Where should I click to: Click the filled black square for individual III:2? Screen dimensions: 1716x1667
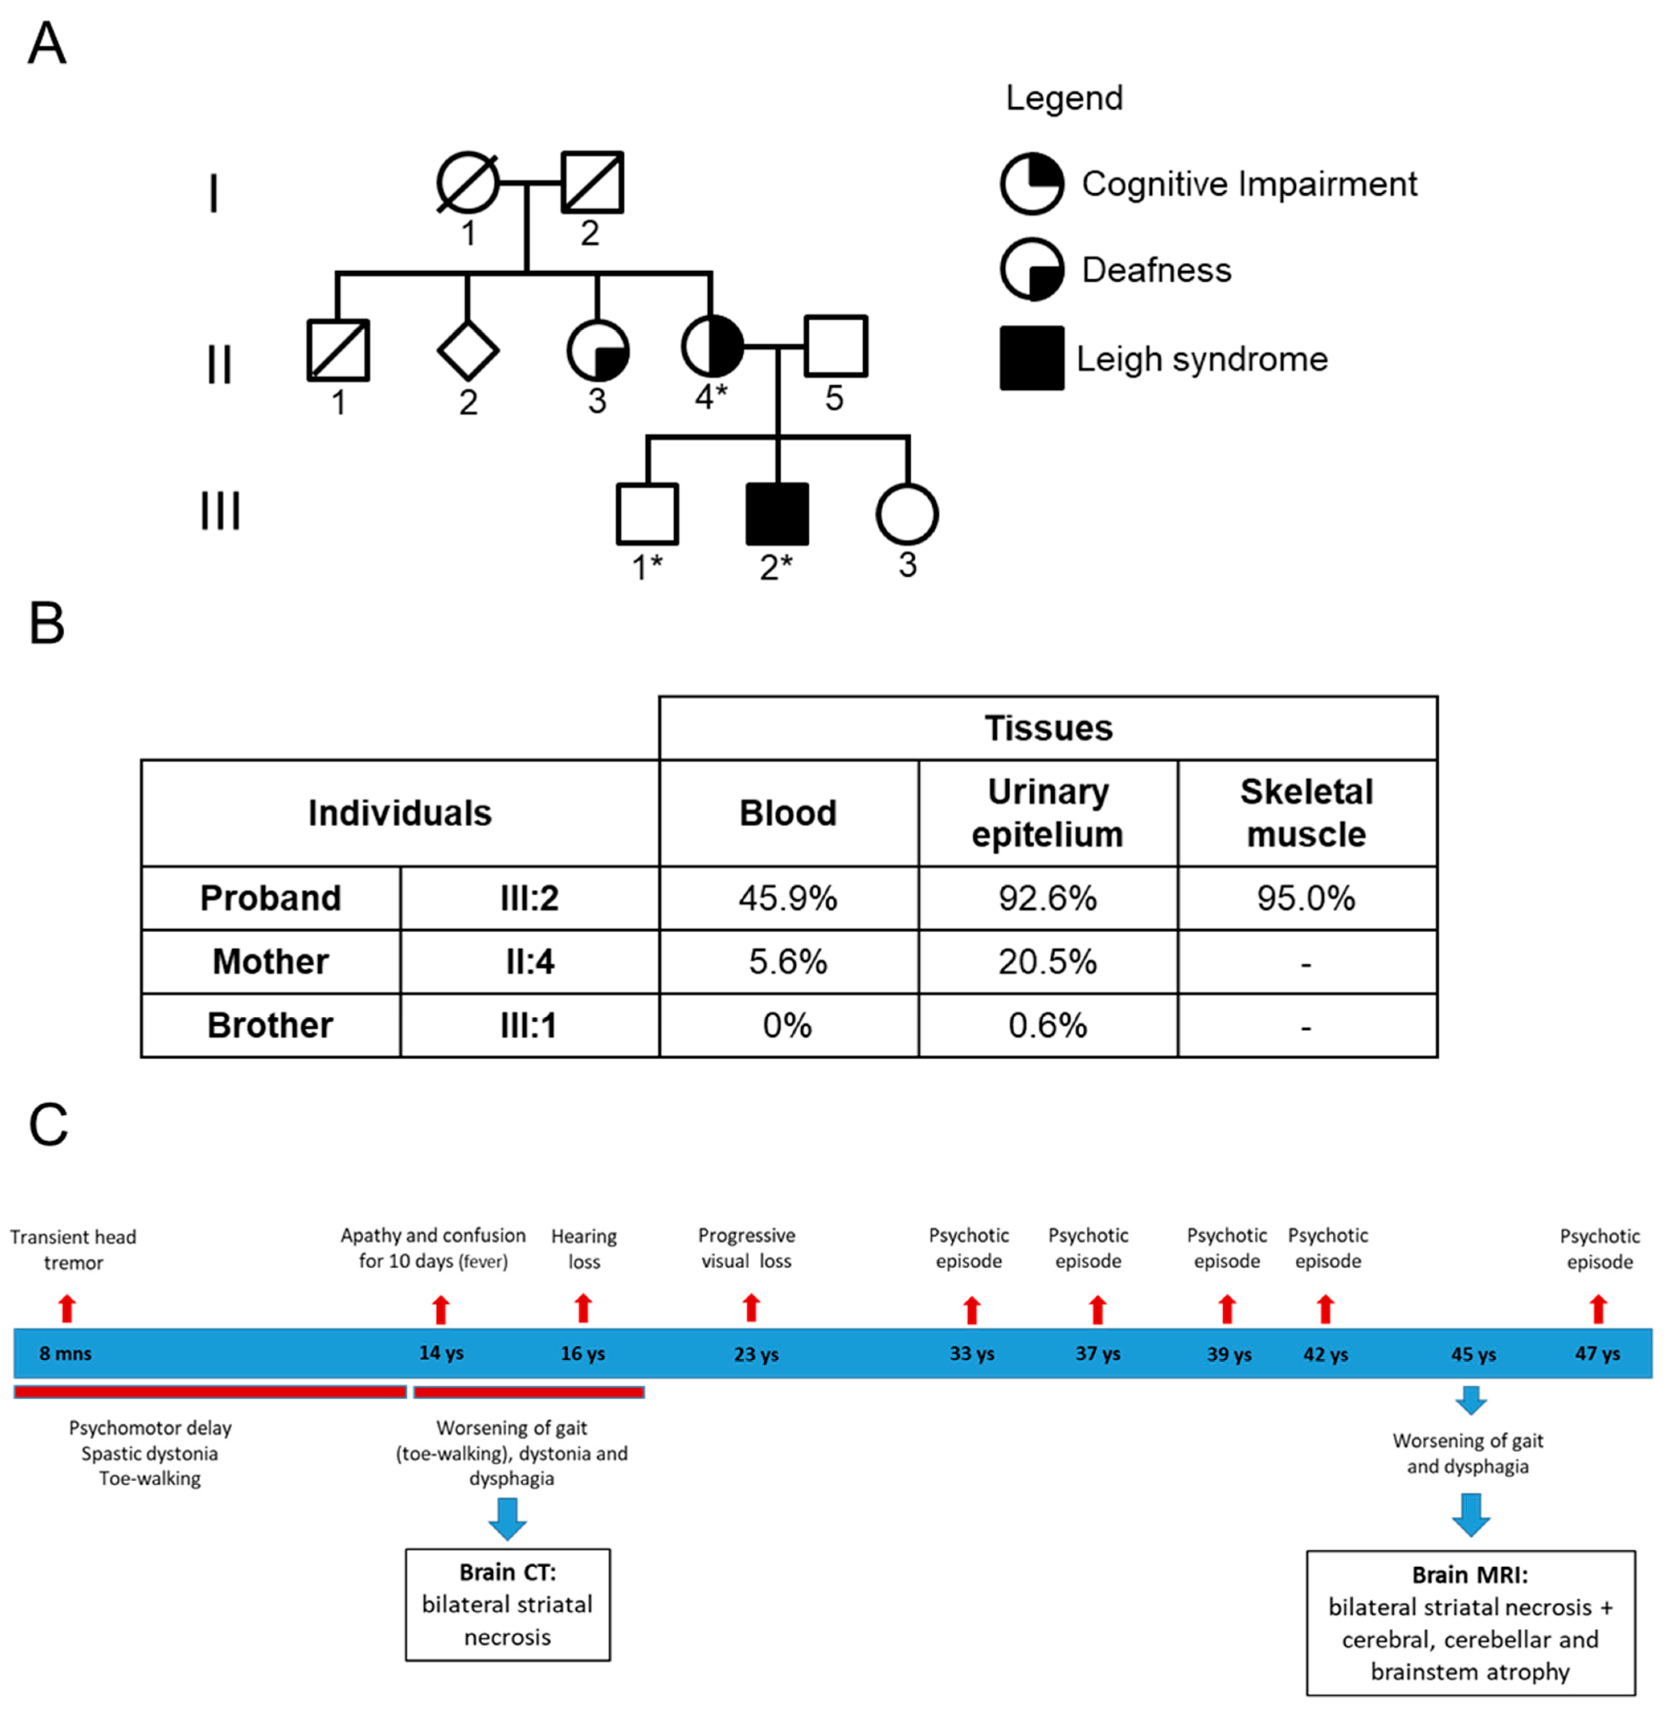tap(776, 514)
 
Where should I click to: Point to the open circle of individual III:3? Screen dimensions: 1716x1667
tap(907, 514)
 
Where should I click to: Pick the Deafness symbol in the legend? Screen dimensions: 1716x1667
tap(1032, 269)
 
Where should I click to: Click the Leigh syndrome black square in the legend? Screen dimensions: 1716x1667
tap(1032, 358)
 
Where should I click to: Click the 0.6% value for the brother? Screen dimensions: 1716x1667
tap(1047, 1025)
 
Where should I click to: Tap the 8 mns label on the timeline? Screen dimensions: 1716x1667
tap(66, 1354)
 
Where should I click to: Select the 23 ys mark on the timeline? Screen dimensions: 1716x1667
tap(756, 1354)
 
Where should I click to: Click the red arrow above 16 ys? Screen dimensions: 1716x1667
tap(583, 1309)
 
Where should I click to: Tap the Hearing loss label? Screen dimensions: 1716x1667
tap(584, 1249)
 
